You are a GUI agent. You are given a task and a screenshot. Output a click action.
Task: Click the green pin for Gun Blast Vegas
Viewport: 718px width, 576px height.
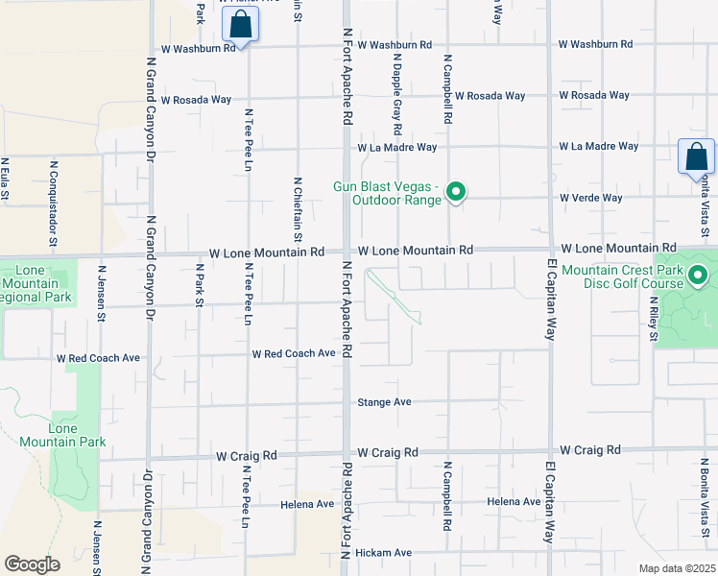coord(457,193)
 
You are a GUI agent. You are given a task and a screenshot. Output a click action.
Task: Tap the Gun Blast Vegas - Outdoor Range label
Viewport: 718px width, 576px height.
coord(387,193)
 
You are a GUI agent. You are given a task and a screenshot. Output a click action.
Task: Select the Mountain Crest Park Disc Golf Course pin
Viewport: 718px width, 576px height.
coord(699,277)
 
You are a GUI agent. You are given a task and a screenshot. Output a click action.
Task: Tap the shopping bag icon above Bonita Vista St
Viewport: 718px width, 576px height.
coord(696,156)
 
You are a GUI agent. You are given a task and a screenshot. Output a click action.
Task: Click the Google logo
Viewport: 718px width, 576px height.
coord(32,564)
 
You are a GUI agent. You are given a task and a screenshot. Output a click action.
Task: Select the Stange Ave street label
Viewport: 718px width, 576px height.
coord(384,402)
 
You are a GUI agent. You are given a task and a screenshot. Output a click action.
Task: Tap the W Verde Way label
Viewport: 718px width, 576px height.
coord(591,198)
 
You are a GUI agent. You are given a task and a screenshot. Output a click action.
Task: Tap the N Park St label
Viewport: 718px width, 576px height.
coord(201,286)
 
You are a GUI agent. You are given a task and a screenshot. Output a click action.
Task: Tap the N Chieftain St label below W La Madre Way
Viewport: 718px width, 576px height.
coord(298,208)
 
